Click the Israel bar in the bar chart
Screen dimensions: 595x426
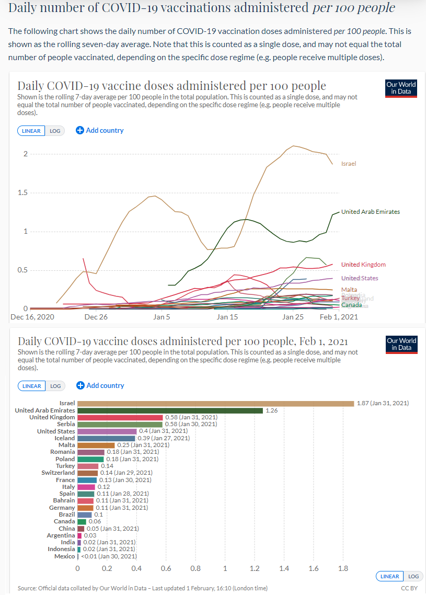(x=215, y=403)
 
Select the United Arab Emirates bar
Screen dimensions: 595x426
(x=170, y=410)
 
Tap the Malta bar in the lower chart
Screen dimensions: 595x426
(x=96, y=445)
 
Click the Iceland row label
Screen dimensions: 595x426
(x=65, y=438)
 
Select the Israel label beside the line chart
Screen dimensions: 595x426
(x=349, y=164)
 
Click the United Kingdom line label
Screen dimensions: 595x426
(x=363, y=265)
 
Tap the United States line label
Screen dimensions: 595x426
(x=360, y=278)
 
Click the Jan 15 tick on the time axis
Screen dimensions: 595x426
(x=227, y=317)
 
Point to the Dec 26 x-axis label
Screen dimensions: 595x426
(x=96, y=317)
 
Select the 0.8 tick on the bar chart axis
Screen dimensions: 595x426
(x=195, y=568)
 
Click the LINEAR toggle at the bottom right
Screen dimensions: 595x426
(x=390, y=576)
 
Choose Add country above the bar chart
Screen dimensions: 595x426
(x=100, y=385)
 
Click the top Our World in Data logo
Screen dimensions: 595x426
(x=401, y=88)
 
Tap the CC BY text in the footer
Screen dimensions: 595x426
(x=409, y=588)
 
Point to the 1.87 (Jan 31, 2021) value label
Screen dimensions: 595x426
(x=383, y=403)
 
